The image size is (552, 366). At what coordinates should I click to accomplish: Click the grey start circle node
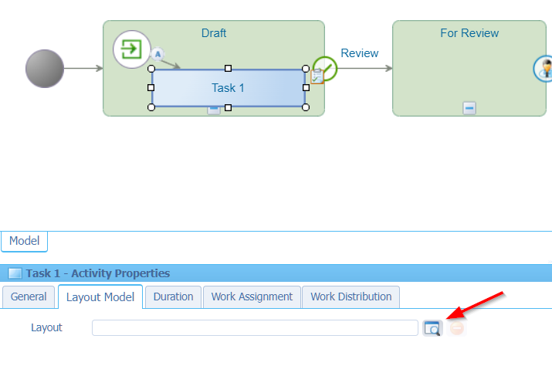point(45,69)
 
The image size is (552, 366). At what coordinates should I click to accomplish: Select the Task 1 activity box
point(228,88)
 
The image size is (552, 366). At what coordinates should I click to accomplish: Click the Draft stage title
point(214,33)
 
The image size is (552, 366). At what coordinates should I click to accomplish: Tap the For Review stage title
point(469,33)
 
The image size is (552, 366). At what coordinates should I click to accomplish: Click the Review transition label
point(360,53)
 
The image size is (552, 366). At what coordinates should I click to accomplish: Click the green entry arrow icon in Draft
point(132,49)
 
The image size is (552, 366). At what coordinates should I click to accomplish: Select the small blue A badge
point(157,54)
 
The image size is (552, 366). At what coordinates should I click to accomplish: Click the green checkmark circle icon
point(326,68)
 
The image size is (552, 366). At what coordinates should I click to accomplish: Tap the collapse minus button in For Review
point(469,108)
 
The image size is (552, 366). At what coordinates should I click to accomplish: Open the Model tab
point(24,241)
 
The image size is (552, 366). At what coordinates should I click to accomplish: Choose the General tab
point(29,297)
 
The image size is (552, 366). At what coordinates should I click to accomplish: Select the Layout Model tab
point(100,297)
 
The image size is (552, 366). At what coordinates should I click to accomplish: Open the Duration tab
point(173,297)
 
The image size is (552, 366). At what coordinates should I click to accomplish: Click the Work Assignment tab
point(252,297)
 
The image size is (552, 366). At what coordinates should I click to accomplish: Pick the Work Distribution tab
point(351,297)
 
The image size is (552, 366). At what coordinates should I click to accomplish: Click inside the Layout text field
point(255,328)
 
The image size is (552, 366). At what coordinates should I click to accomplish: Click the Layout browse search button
point(432,328)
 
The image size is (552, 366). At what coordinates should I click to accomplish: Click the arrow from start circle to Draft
point(83,69)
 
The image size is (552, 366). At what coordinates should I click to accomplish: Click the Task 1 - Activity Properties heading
point(97,273)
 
